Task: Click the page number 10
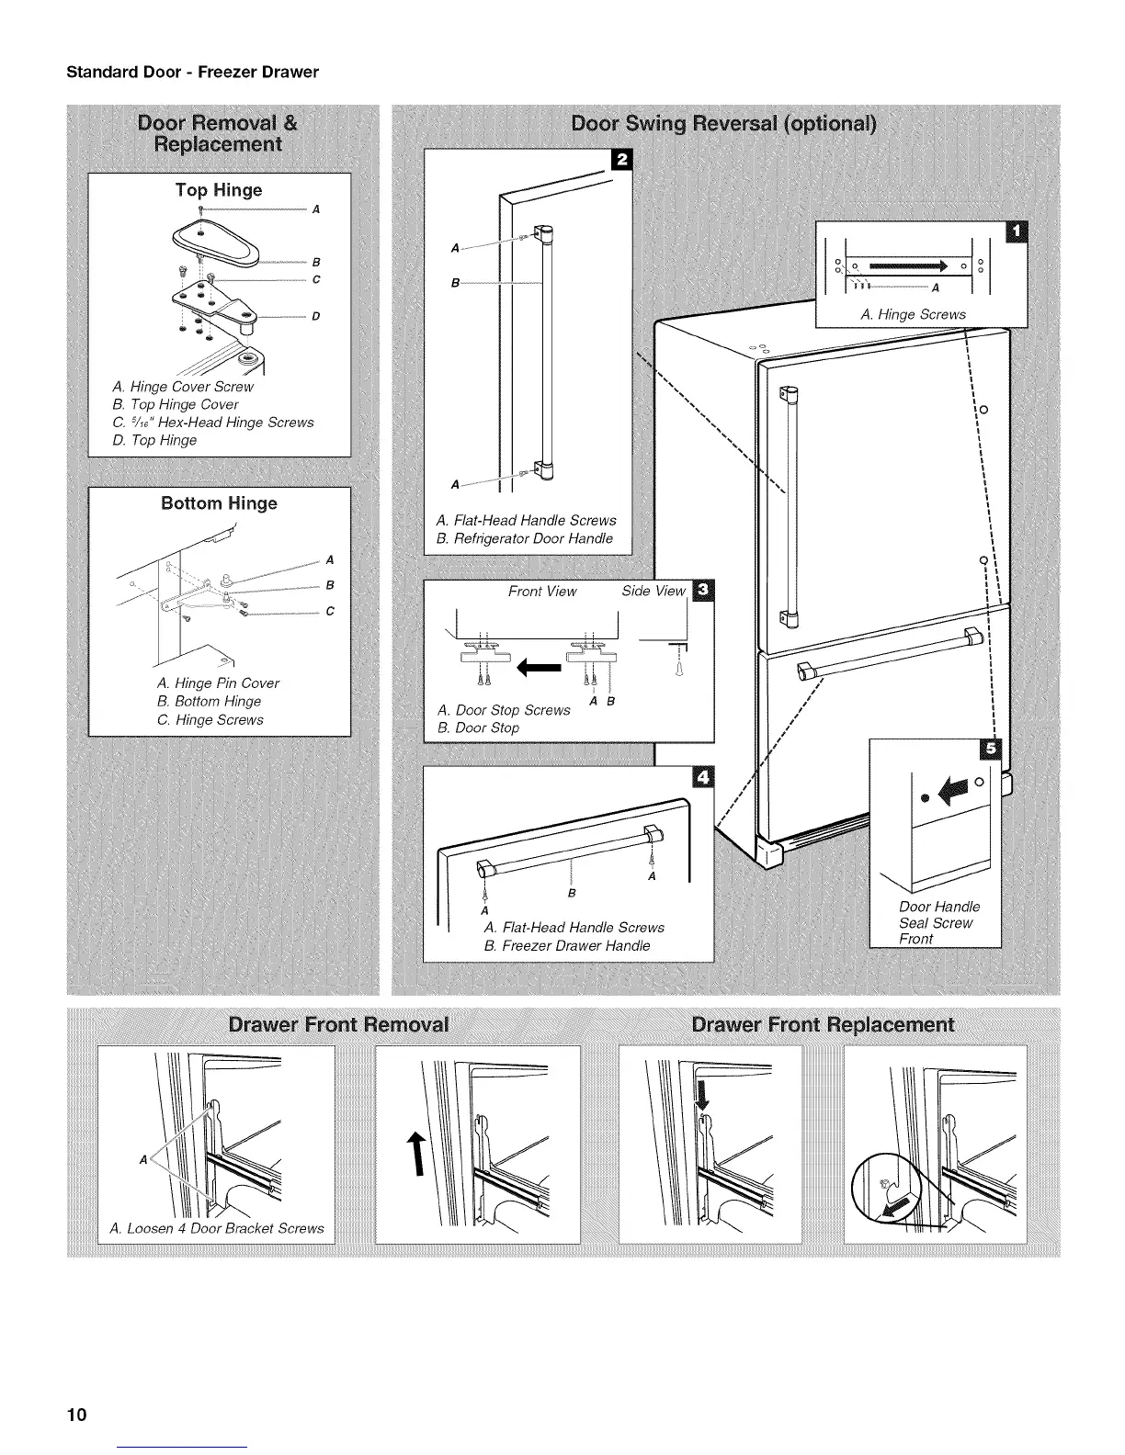[75, 1414]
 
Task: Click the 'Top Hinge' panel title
[219, 190]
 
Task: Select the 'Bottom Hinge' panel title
[219, 503]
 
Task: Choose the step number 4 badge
[703, 777]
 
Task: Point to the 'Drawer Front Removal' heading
[338, 1025]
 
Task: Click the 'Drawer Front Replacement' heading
[822, 1025]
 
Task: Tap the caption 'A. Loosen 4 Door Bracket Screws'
[216, 1228]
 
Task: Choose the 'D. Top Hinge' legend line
[154, 440]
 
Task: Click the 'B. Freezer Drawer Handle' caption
[566, 945]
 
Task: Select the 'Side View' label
[653, 591]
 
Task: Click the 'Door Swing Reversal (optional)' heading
[723, 123]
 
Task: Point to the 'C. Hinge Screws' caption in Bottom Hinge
[210, 719]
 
